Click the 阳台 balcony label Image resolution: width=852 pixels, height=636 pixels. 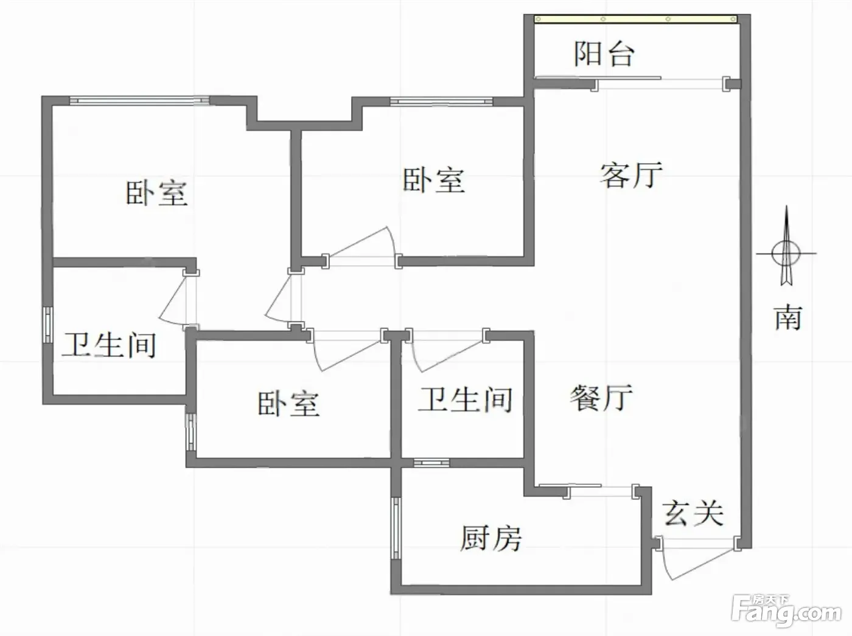coord(604,54)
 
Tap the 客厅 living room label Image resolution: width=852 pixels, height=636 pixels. coord(630,175)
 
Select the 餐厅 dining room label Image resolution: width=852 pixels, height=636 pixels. coord(601,398)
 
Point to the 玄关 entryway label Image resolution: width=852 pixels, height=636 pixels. coord(693,513)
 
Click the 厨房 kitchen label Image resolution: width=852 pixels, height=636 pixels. coord(491,538)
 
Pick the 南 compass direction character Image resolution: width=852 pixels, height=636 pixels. coord(788,317)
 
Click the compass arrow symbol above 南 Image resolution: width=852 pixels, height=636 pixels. coord(786,246)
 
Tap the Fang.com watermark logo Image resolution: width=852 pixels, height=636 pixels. coord(786,612)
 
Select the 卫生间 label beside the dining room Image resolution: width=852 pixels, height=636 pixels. coord(465,399)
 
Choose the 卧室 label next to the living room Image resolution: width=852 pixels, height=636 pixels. coord(433,180)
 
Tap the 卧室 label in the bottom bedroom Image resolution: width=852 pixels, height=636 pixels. coord(289,404)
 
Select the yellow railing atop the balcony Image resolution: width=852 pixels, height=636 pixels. coord(635,19)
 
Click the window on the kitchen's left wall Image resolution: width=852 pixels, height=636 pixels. coord(396,528)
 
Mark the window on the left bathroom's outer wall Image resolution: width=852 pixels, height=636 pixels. coord(47,325)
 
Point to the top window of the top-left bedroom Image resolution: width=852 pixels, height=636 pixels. coord(139,101)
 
